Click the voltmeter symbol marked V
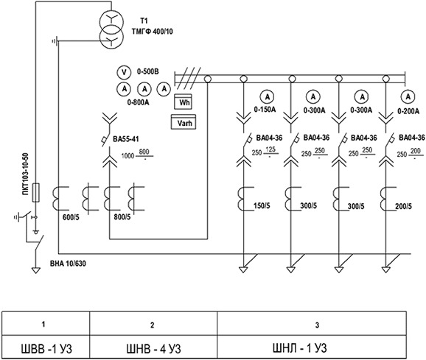(x=124, y=72)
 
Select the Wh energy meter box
(x=183, y=102)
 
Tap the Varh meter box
(x=184, y=122)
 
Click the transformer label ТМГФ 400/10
(x=152, y=32)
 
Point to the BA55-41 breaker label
(x=126, y=139)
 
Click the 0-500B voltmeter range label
(x=148, y=71)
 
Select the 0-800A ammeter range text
(x=138, y=102)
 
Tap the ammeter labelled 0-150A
(x=268, y=97)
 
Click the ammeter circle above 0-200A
(x=408, y=97)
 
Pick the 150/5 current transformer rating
(x=262, y=205)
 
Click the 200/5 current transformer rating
(x=403, y=206)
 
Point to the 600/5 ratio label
(x=71, y=217)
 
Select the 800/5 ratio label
(x=122, y=217)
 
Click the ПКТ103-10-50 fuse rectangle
(x=36, y=193)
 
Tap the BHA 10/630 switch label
(x=68, y=264)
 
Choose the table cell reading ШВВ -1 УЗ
(x=46, y=347)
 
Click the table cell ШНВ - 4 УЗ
(x=153, y=347)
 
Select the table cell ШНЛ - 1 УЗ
(x=312, y=347)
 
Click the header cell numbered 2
(x=153, y=324)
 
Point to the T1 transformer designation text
(x=144, y=21)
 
